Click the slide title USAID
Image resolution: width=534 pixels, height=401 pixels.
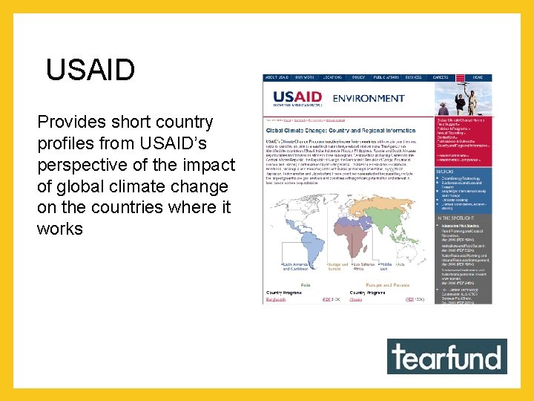point(90,70)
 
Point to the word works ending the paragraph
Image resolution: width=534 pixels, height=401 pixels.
point(59,229)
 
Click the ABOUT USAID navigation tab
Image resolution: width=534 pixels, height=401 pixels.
point(277,77)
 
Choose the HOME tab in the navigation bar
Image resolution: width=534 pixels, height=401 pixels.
point(478,77)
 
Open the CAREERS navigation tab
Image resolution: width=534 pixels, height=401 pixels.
point(441,77)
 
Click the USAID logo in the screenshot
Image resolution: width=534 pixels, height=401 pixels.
point(299,99)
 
